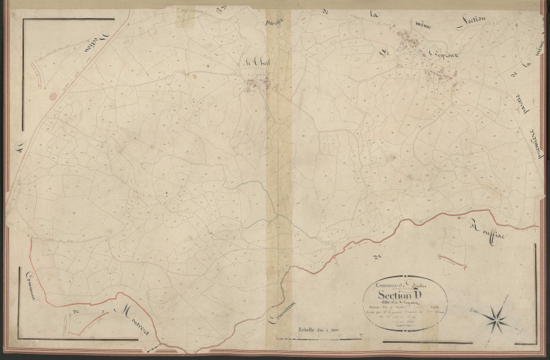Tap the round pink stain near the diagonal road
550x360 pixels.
click(x=53, y=96)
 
